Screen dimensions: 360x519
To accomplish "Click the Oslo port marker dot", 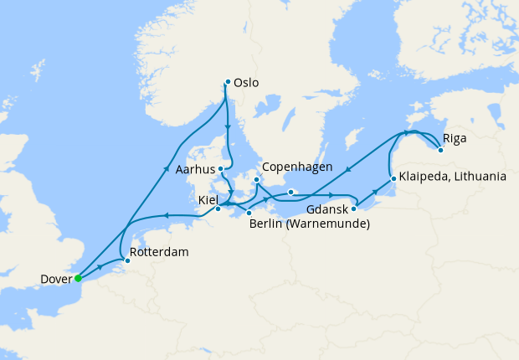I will [228, 82].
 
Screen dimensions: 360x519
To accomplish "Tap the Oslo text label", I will [247, 83].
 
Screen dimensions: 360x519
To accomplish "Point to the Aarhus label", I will [197, 169].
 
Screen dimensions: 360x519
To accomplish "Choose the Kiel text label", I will [208, 201].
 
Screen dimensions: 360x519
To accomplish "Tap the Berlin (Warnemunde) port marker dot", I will [249, 213].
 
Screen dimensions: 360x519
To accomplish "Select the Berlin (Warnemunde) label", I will [310, 224].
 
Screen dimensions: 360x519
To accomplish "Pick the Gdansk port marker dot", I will [354, 208].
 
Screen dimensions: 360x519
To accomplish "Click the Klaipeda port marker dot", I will [393, 178].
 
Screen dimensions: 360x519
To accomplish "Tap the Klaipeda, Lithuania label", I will [453, 177].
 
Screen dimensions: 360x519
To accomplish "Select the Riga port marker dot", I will [440, 150].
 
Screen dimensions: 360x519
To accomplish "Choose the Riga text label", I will [455, 138].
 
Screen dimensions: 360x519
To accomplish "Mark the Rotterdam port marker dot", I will [127, 261].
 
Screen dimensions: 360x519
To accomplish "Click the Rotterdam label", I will [160, 252].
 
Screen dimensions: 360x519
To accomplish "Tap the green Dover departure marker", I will [77, 278].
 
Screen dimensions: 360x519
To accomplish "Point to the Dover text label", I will [54, 279].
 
